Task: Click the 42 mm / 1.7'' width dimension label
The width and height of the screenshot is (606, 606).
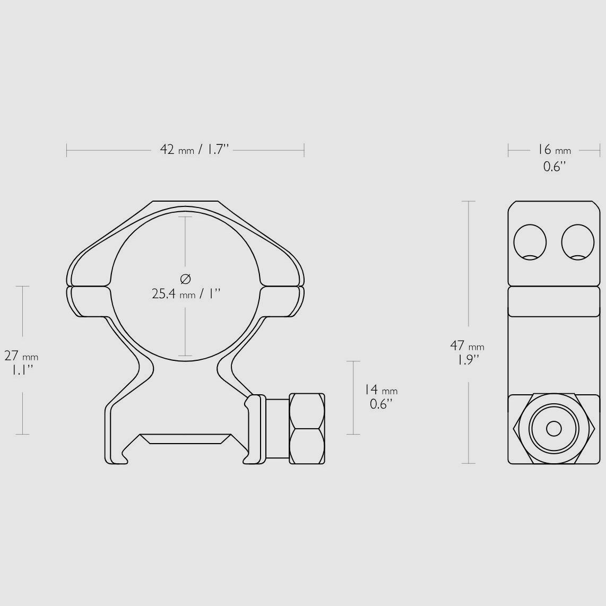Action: click(x=195, y=150)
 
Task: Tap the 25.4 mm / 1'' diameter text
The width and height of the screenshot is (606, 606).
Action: click(x=186, y=294)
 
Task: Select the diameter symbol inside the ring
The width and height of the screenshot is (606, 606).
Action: click(x=186, y=278)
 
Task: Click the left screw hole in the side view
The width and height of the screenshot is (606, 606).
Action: click(x=530, y=243)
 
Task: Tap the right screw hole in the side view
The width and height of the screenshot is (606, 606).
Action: click(x=578, y=243)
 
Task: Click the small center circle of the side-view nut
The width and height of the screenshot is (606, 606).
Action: click(x=554, y=429)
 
